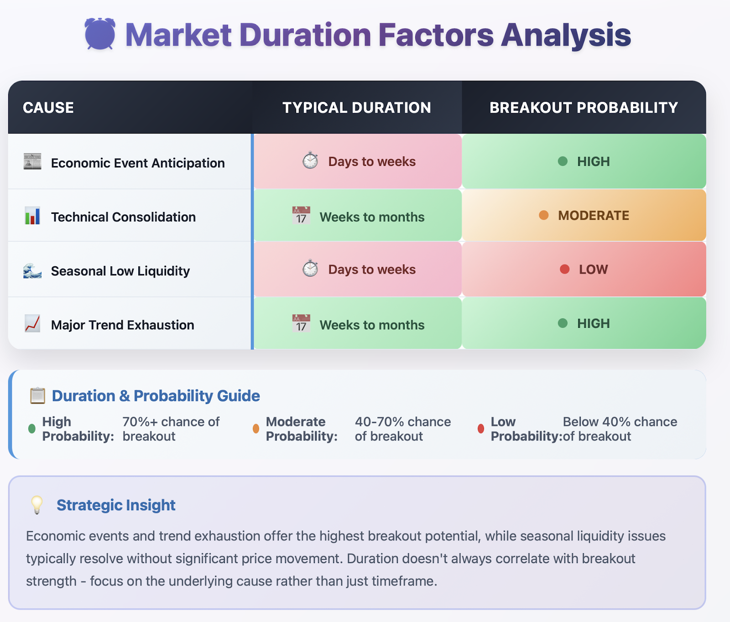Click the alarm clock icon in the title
pyautogui.click(x=99, y=34)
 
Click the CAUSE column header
pyautogui.click(x=48, y=108)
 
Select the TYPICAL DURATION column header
pyautogui.click(x=357, y=108)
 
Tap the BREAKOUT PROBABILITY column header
pyautogui.click(x=584, y=108)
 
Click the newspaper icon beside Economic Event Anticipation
pyautogui.click(x=32, y=161)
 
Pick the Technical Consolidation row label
pyautogui.click(x=123, y=217)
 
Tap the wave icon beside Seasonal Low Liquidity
pyautogui.click(x=32, y=270)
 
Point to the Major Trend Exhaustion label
pyautogui.click(x=123, y=325)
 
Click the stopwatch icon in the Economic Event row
pyautogui.click(x=310, y=161)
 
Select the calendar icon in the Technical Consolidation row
pyautogui.click(x=301, y=215)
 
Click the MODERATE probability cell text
pyautogui.click(x=594, y=216)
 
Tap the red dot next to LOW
pyautogui.click(x=565, y=270)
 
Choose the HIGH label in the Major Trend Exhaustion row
pyautogui.click(x=594, y=324)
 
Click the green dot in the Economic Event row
pyautogui.click(x=563, y=161)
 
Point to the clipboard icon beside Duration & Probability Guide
pyautogui.click(x=37, y=395)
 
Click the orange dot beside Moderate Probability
pyautogui.click(x=256, y=429)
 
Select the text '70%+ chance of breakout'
pyautogui.click(x=171, y=429)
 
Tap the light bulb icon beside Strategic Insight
pyautogui.click(x=36, y=505)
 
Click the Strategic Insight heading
pyautogui.click(x=116, y=505)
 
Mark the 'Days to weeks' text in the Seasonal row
pyautogui.click(x=372, y=270)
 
